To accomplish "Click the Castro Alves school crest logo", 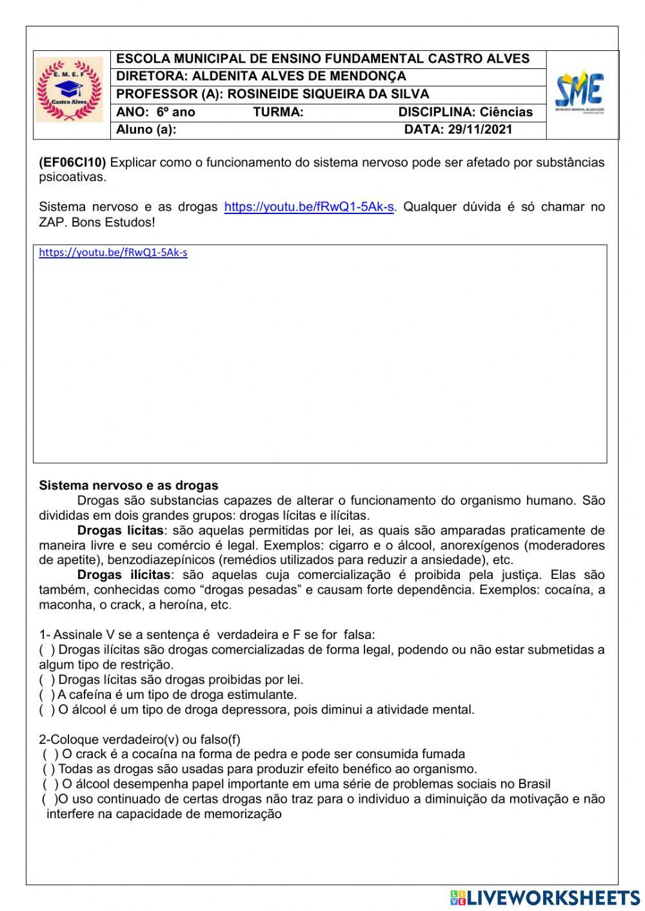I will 69,90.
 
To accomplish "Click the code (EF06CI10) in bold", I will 72,162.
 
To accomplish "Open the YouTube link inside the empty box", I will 113,253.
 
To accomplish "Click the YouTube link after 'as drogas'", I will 308,208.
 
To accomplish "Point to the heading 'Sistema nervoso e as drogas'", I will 128,485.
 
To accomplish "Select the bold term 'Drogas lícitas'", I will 120,531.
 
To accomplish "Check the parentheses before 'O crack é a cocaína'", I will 51,754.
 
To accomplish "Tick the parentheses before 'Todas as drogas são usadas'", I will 49,769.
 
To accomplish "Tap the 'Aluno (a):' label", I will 146,130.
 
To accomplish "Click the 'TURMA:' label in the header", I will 278,112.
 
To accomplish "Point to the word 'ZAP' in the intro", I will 52,223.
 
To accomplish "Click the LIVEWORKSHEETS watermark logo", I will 545,897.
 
